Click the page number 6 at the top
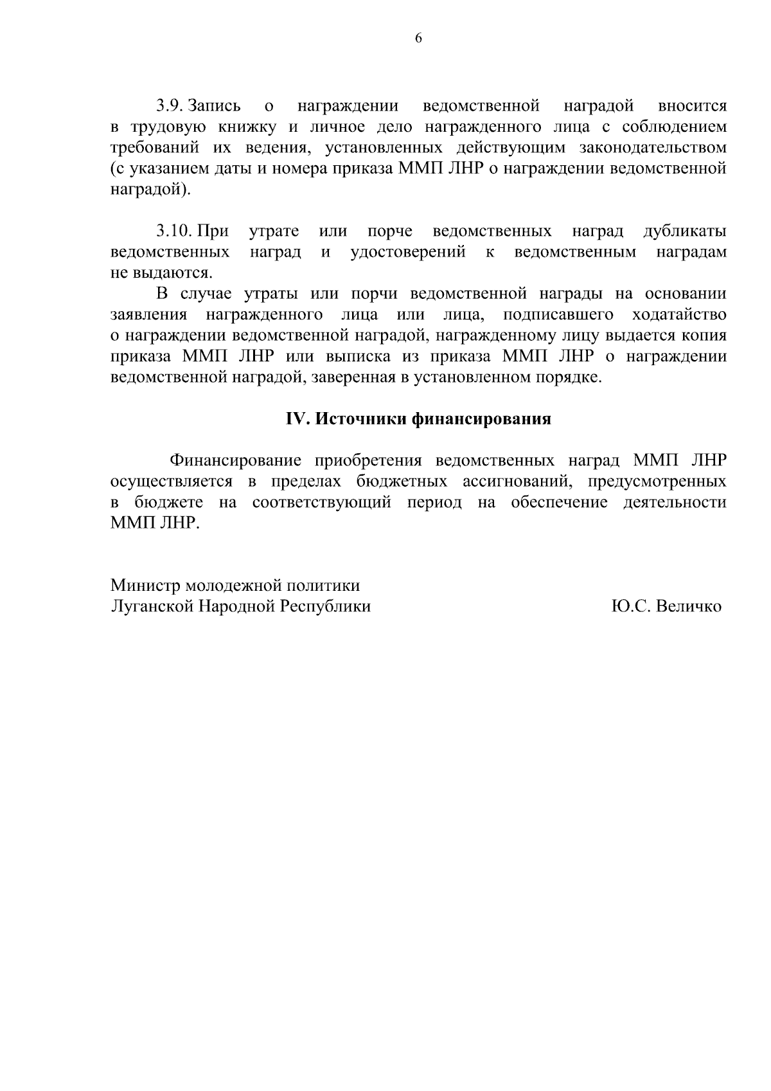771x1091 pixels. pos(418,38)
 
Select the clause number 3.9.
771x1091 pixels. pos(170,105)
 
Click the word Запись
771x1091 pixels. pos(215,105)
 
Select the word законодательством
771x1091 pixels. pos(653,148)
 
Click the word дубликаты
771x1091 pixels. pos(685,231)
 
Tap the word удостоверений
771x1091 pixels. pos(409,252)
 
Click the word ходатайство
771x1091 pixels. pos(680,315)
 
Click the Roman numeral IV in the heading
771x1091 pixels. pos(298,419)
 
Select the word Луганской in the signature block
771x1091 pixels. pos(152,606)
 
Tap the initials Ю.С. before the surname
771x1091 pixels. pos(631,606)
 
